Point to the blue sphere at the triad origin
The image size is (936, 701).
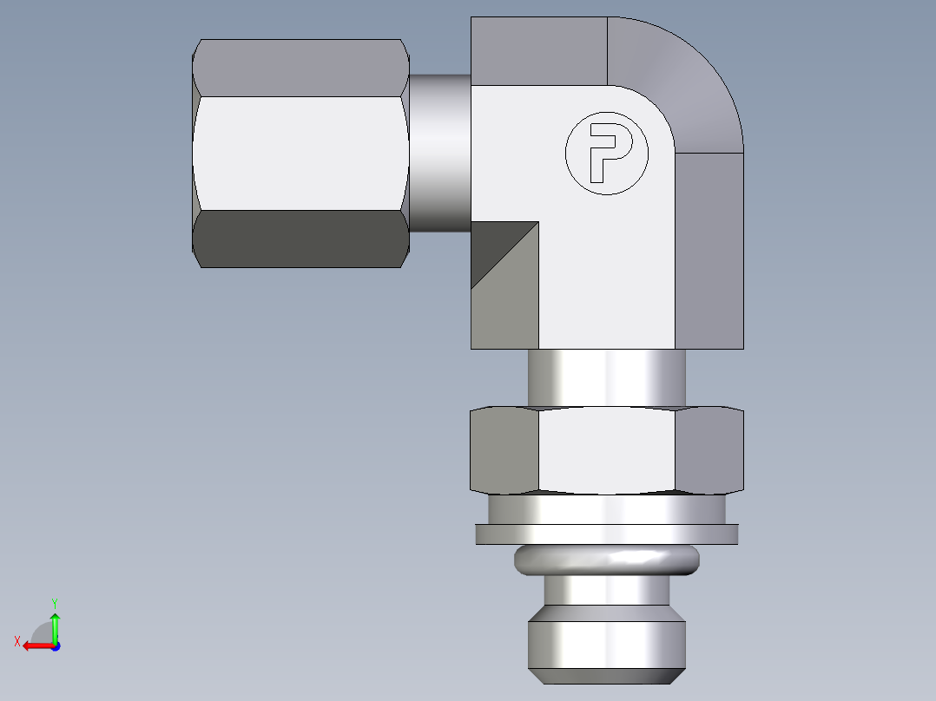[55, 646]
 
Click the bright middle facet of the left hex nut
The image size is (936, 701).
[300, 152]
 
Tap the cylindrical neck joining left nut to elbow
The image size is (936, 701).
[439, 153]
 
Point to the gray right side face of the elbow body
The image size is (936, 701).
[709, 252]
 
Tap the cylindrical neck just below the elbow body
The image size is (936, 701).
[606, 377]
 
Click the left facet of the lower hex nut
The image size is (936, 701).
[504, 449]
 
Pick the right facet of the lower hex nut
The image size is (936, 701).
[709, 449]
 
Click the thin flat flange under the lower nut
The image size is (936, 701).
[606, 534]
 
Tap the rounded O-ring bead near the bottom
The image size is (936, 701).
[606, 560]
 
